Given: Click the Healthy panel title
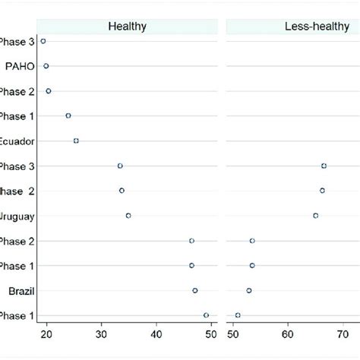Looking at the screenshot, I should [127, 27].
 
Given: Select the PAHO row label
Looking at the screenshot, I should [17, 66].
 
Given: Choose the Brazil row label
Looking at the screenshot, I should [19, 291].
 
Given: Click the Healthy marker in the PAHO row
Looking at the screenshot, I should [46, 66].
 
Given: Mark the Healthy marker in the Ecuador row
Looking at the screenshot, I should [76, 141].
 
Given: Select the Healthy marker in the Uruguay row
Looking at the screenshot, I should [128, 216].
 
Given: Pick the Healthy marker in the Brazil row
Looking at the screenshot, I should [195, 290].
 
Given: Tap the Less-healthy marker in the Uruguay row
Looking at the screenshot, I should [316, 216].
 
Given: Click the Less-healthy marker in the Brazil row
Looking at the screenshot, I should [249, 290].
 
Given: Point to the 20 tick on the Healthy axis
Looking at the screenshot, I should [46, 332].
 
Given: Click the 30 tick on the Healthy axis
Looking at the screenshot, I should [102, 332].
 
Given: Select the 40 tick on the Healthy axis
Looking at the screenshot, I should [156, 332].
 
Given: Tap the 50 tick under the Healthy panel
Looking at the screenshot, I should [211, 332].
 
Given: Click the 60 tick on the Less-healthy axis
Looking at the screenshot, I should [288, 332].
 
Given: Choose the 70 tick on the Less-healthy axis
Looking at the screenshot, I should [343, 332].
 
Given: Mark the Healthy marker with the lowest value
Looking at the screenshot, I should [43, 41].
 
